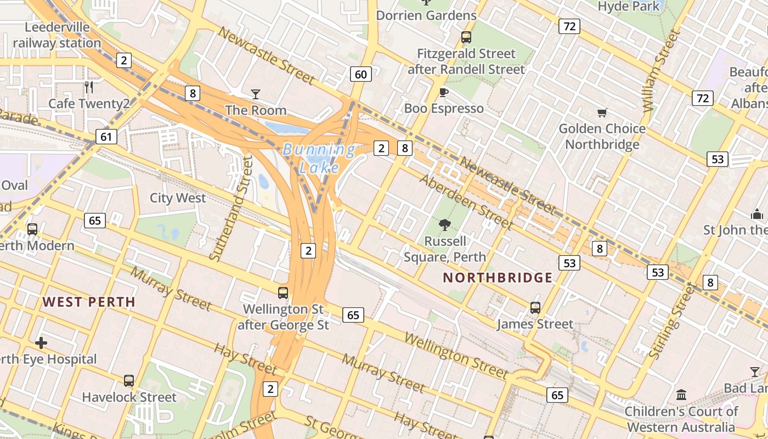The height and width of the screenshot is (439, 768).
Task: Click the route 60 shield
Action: (360, 74)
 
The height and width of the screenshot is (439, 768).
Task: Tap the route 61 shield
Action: (106, 137)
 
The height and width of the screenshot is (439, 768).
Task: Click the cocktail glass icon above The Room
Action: (256, 94)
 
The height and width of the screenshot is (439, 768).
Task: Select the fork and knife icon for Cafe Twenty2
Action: (89, 87)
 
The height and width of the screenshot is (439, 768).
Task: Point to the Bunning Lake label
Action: (319, 158)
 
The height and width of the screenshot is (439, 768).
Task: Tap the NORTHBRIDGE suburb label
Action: (498, 278)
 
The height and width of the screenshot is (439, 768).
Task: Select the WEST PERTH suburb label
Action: (89, 302)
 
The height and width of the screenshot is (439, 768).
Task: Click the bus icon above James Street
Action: (535, 308)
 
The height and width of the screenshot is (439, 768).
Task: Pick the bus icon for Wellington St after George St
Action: (283, 293)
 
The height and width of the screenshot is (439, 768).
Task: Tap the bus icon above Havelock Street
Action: (129, 380)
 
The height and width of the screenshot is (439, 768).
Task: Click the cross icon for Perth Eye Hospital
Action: (41, 344)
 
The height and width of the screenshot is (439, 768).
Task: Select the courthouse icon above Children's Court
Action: (681, 395)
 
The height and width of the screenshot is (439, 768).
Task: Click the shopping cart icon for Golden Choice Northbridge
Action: (602, 113)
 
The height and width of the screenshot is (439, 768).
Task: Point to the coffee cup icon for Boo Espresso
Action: (444, 92)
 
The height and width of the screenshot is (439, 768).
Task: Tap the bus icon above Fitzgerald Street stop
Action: (466, 37)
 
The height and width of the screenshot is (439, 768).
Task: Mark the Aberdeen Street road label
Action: (466, 202)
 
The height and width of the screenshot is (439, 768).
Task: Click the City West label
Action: (178, 198)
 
